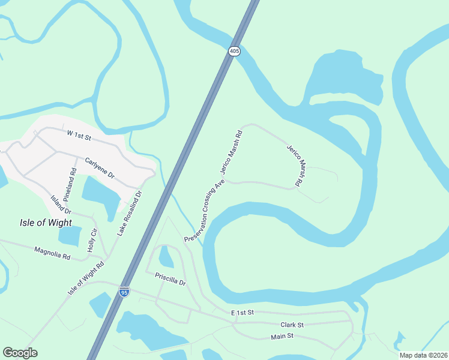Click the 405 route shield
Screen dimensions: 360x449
click(x=234, y=52)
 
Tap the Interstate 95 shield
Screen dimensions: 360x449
click(x=124, y=292)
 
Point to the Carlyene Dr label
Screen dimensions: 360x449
click(x=99, y=167)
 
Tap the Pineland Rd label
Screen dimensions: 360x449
click(x=73, y=179)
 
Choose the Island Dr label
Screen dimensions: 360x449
click(x=61, y=205)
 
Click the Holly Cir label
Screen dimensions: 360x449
click(x=92, y=241)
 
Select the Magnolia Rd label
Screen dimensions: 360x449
click(x=52, y=253)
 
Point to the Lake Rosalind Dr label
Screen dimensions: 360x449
click(x=131, y=213)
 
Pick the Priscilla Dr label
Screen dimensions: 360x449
click(x=170, y=279)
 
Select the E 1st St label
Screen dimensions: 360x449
click(x=243, y=313)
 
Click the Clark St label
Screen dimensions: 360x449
click(x=292, y=325)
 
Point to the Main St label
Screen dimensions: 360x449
click(x=282, y=337)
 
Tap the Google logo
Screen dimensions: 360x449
click(x=20, y=353)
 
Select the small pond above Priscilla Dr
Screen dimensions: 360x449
click(x=166, y=257)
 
